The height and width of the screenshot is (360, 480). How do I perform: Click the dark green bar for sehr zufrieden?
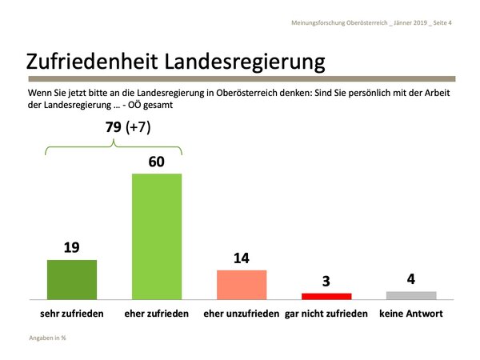(72, 278)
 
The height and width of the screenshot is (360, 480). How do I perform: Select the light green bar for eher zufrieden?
(157, 235)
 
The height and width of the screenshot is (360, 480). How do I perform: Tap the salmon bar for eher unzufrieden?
(242, 284)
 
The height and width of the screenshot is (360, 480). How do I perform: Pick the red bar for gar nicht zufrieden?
(326, 295)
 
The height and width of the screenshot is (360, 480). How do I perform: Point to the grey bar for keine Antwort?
(411, 294)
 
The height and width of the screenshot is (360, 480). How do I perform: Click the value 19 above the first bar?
(72, 248)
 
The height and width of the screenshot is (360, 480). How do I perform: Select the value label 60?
(157, 162)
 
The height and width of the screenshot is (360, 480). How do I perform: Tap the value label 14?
(242, 258)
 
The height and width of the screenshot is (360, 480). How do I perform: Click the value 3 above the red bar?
(326, 281)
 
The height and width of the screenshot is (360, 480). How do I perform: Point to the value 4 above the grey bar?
(411, 279)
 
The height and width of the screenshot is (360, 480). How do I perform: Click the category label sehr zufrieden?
(72, 313)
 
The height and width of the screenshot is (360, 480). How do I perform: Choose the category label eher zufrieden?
(157, 313)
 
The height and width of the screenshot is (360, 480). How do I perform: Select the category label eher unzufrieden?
(242, 313)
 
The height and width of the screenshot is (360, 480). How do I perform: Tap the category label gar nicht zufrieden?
(326, 313)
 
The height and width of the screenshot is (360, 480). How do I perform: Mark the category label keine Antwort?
(411, 313)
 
